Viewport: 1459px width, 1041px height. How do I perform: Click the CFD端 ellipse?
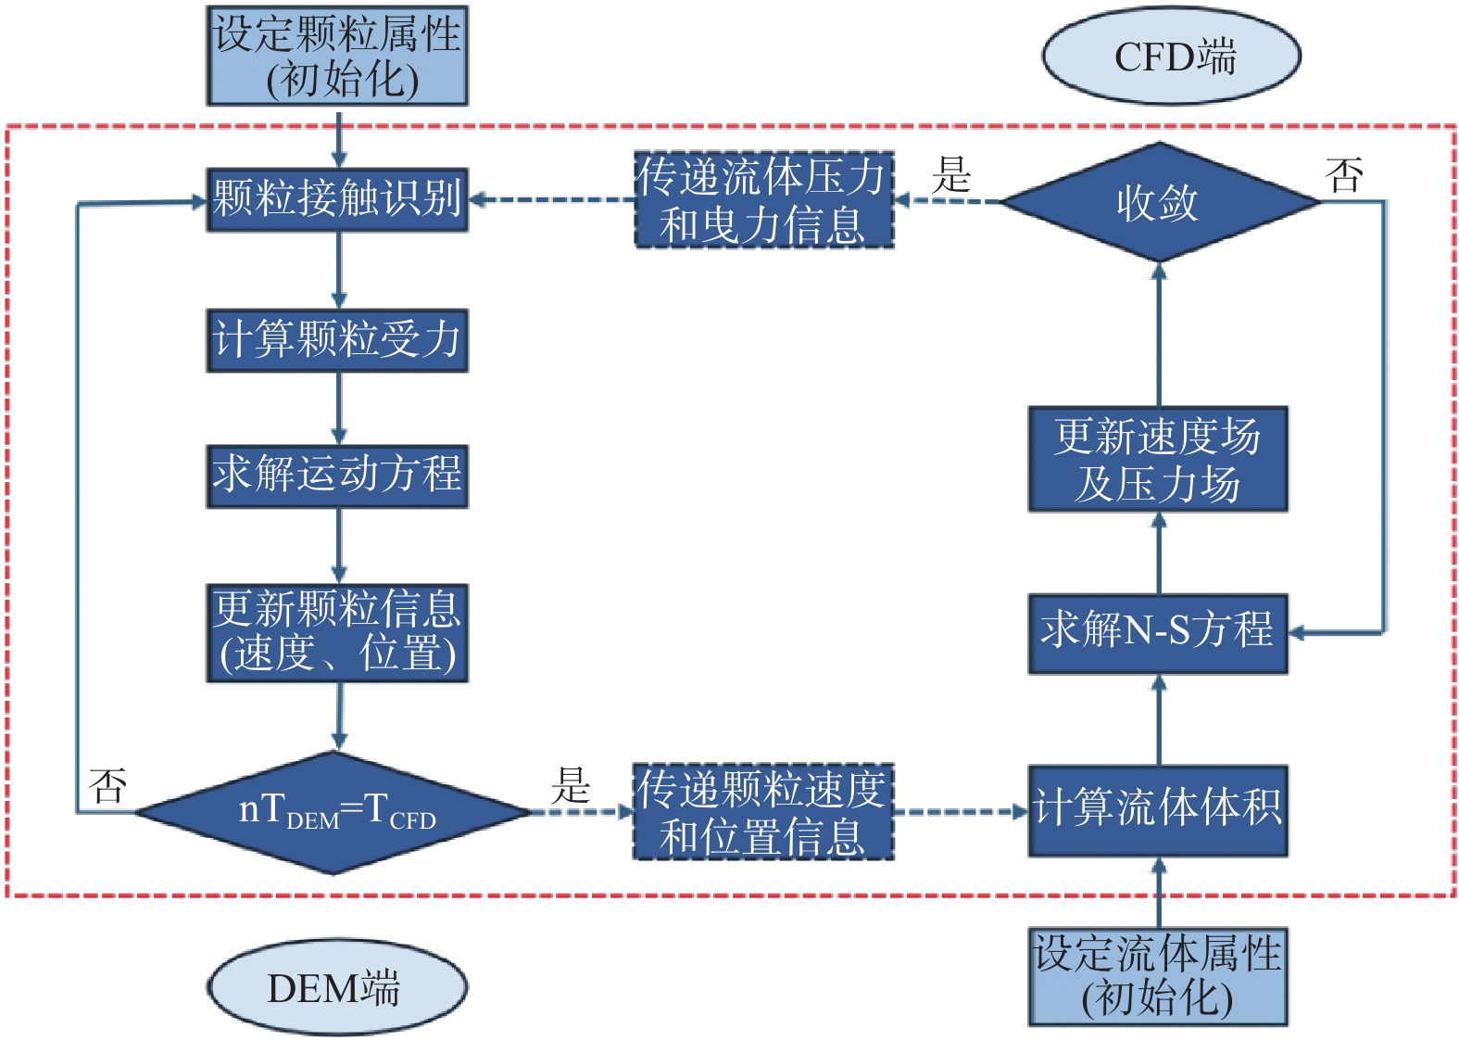click(x=1171, y=56)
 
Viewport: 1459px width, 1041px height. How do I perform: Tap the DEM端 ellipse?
click(x=337, y=987)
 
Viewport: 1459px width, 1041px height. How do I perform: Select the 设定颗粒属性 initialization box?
click(x=337, y=56)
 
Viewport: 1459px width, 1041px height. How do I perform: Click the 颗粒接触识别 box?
click(x=337, y=199)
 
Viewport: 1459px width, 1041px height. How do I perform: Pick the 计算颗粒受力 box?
click(x=337, y=340)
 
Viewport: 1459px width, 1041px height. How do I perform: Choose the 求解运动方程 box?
click(x=337, y=476)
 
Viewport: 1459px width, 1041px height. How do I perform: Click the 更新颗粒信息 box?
click(x=337, y=633)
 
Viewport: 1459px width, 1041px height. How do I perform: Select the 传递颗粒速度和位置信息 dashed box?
click(x=763, y=811)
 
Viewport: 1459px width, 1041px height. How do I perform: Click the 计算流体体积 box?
click(x=1158, y=811)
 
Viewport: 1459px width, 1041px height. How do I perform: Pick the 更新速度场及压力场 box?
click(x=1158, y=459)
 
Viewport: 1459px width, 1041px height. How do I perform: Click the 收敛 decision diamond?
click(x=1160, y=202)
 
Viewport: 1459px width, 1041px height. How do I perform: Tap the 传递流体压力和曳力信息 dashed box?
click(x=764, y=199)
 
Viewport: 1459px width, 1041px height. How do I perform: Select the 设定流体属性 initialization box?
click(x=1158, y=976)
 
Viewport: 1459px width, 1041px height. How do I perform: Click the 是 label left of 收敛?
click(x=951, y=174)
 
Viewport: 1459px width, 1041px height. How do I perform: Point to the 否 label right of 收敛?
click(x=1344, y=174)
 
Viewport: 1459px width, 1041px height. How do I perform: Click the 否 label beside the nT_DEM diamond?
click(x=107, y=785)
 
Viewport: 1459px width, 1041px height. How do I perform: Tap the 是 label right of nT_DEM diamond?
click(x=571, y=785)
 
